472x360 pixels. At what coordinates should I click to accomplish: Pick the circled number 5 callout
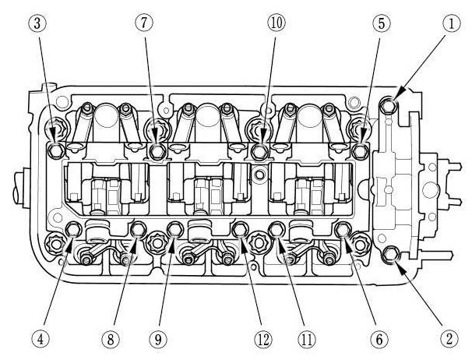(x=381, y=24)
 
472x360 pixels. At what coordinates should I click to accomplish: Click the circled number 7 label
(x=143, y=24)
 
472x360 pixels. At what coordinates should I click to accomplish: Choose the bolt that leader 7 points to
(x=158, y=148)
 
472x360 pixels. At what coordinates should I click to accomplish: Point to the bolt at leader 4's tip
(x=73, y=229)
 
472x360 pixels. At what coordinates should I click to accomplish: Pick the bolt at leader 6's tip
(x=343, y=229)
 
